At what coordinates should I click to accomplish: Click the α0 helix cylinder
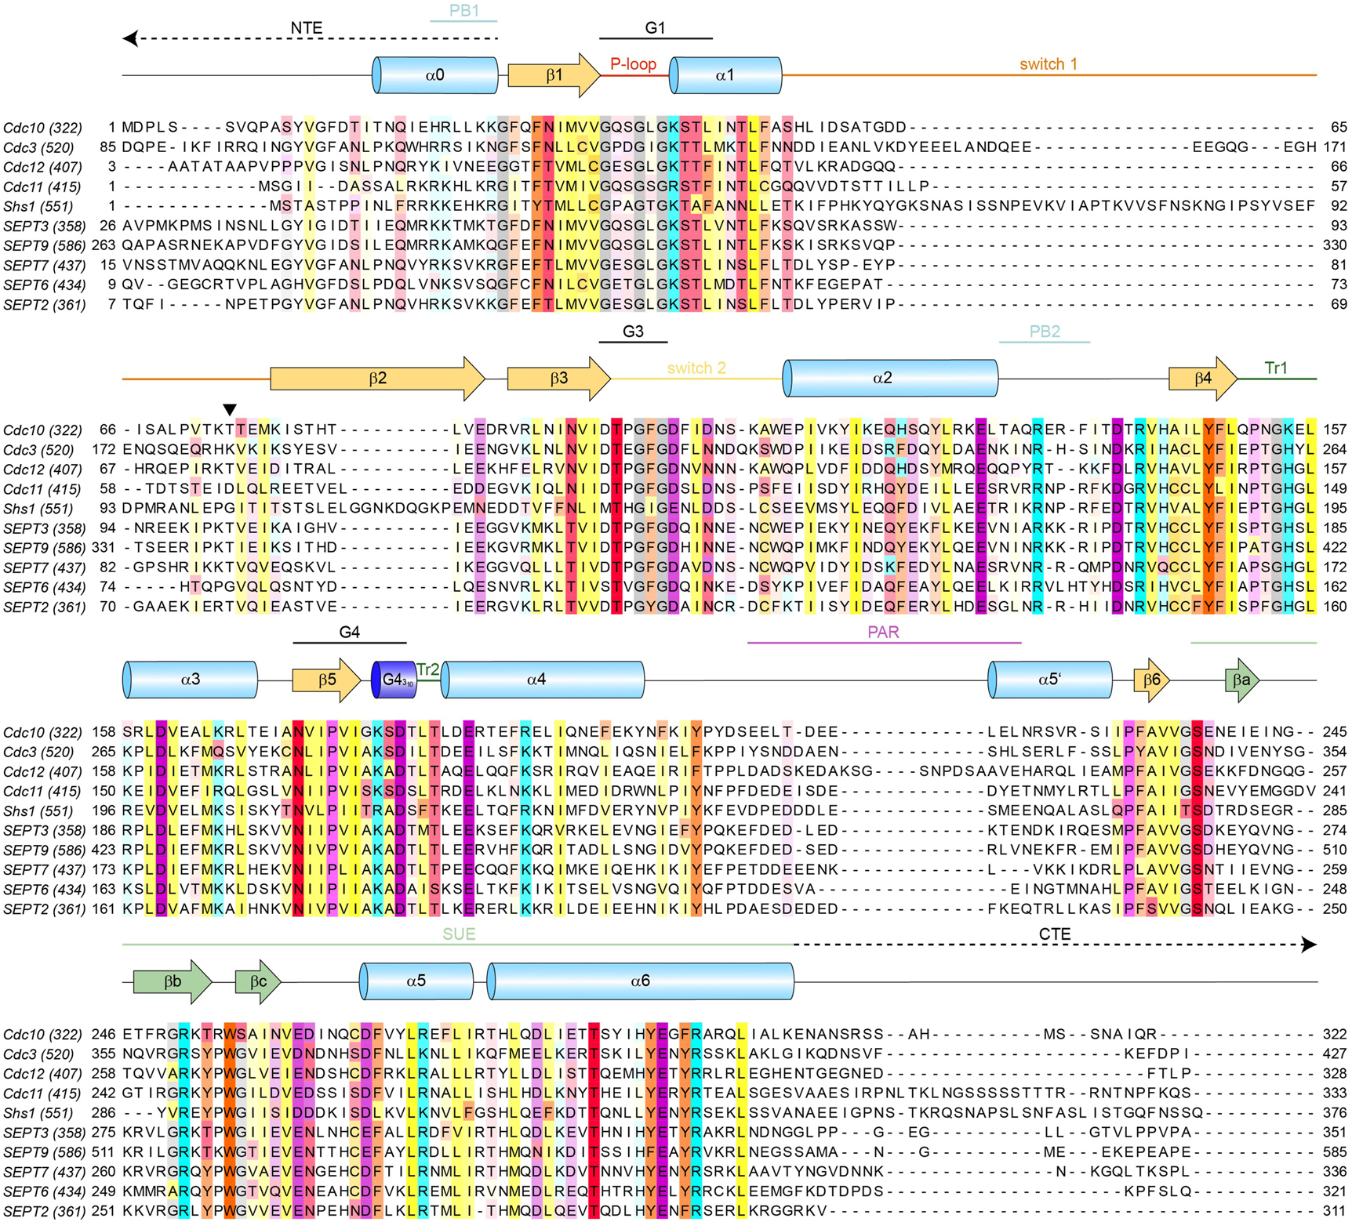click(435, 75)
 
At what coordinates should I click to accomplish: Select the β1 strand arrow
click(554, 75)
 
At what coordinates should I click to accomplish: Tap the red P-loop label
click(633, 64)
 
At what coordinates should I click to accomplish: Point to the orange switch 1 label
click(1048, 64)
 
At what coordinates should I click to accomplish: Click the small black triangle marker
click(229, 410)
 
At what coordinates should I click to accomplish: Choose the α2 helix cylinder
click(890, 378)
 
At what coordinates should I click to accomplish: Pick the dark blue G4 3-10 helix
click(394, 680)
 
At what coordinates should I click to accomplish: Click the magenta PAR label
click(883, 632)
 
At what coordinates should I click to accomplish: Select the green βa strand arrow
click(1241, 680)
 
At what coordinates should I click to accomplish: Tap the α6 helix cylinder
click(640, 981)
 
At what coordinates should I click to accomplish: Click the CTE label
click(1054, 934)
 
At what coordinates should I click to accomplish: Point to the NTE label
click(306, 28)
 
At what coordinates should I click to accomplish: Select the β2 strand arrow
click(377, 379)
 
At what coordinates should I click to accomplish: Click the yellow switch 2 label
click(696, 368)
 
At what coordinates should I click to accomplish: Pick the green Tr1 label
click(1276, 368)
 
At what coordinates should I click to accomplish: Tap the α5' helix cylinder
click(1049, 680)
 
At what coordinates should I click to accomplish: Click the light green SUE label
click(459, 934)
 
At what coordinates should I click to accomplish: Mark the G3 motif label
click(633, 332)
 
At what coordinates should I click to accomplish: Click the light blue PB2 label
click(1045, 332)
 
